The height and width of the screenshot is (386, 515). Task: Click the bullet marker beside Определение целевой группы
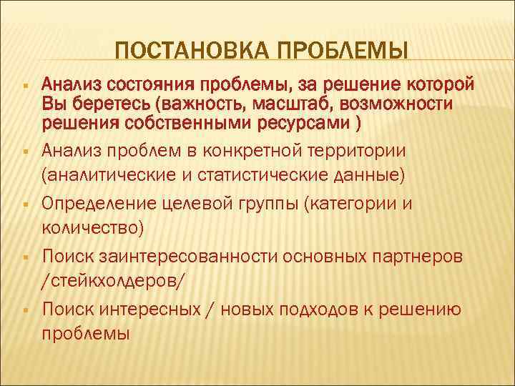25,205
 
